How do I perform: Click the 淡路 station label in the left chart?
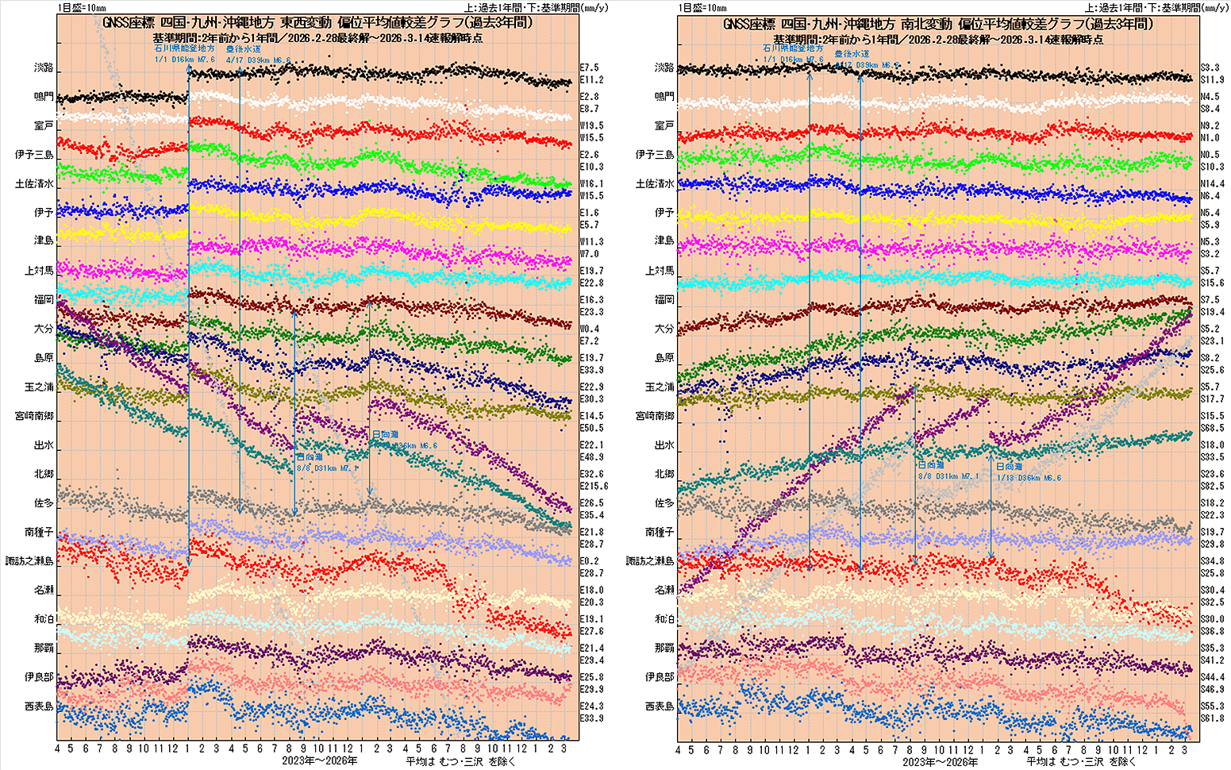(x=44, y=67)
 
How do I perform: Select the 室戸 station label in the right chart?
(x=664, y=125)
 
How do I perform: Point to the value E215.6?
(x=594, y=486)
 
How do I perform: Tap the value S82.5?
(x=1211, y=486)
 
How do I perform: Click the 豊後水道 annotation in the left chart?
(x=244, y=49)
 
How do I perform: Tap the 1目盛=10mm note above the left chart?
(x=82, y=7)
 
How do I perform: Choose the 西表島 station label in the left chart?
(x=39, y=706)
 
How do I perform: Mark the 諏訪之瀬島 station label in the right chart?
(x=650, y=561)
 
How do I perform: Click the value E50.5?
(x=591, y=428)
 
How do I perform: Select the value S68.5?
(x=1211, y=428)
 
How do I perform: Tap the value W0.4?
(x=590, y=329)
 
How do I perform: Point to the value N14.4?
(x=1211, y=183)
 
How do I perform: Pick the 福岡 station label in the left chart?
(x=44, y=299)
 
